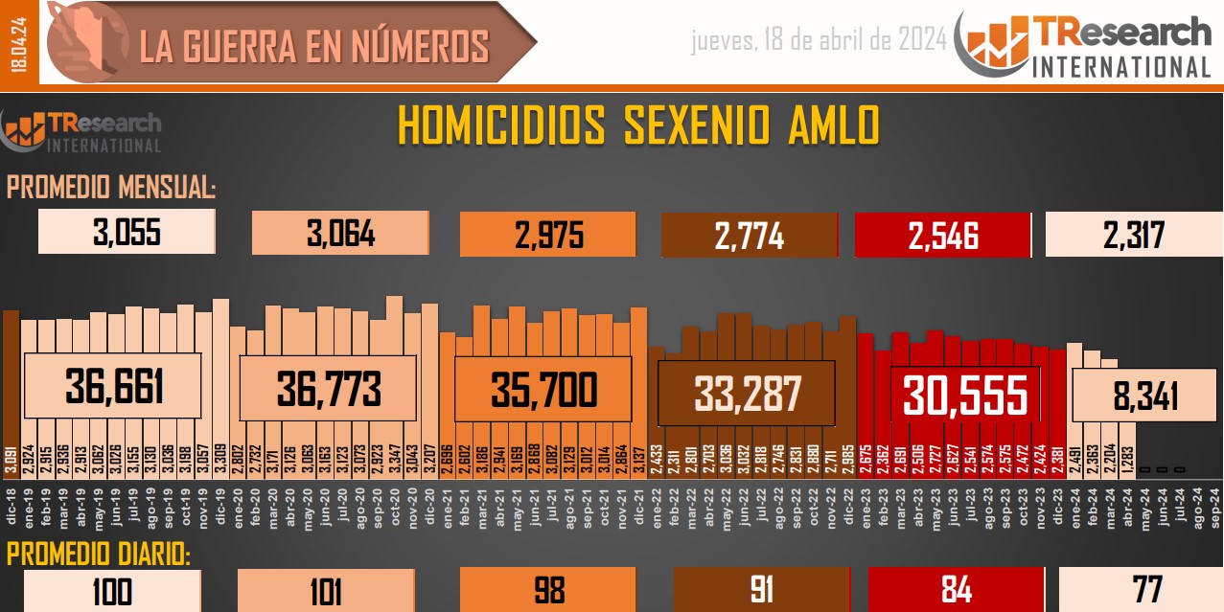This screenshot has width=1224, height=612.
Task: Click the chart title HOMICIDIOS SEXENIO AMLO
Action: point(637,126)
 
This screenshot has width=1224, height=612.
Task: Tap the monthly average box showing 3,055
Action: point(127,233)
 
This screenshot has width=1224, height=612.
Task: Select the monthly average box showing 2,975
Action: point(548,235)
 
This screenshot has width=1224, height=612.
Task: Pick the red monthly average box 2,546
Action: point(942,235)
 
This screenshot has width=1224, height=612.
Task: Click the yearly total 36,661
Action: point(113,387)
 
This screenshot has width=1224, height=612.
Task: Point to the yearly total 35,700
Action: point(543,389)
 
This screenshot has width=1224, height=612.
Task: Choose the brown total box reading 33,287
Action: point(747,393)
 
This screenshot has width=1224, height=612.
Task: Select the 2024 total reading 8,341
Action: point(1138,396)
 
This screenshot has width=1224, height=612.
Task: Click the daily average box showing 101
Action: point(326,591)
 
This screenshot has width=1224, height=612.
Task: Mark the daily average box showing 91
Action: point(762,591)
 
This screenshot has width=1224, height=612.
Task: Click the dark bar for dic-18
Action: point(11,383)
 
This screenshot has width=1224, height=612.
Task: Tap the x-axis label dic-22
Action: point(847,506)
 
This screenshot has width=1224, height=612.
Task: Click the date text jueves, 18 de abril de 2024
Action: point(819,40)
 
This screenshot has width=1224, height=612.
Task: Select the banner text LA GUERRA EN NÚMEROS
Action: point(314,46)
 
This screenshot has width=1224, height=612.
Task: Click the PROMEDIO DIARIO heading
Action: point(98,555)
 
